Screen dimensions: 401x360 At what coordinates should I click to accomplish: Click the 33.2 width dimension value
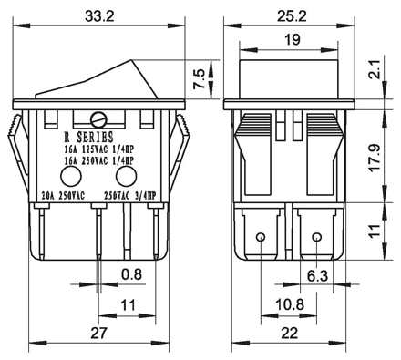coord(99,16)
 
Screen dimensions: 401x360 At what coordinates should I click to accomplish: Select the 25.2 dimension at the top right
coord(292,16)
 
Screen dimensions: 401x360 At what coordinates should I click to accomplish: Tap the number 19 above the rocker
coord(293,40)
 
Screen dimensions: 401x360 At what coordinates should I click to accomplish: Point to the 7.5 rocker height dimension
coord(199,79)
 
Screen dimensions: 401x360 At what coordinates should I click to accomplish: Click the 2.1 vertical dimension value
coord(375,69)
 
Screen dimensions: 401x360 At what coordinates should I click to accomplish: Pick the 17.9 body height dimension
coord(375,158)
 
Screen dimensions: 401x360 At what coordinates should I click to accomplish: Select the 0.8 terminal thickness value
coord(131,274)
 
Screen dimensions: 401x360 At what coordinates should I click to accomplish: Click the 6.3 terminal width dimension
coord(317,276)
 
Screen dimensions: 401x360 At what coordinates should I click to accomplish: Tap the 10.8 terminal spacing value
coord(290,304)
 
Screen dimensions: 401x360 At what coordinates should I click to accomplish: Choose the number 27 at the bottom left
coord(99,333)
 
